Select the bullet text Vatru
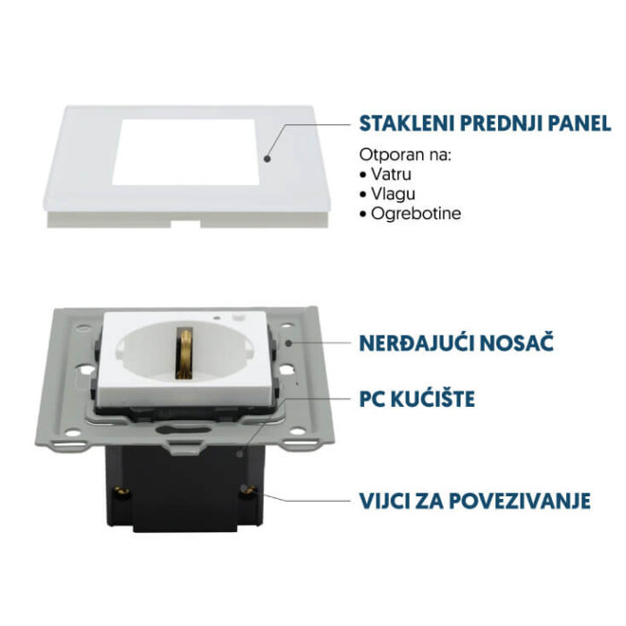[393, 173]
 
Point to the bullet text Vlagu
[393, 193]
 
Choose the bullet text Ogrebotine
[414, 214]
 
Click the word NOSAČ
[521, 342]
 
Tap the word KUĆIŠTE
[435, 398]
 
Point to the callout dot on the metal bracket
[288, 342]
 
